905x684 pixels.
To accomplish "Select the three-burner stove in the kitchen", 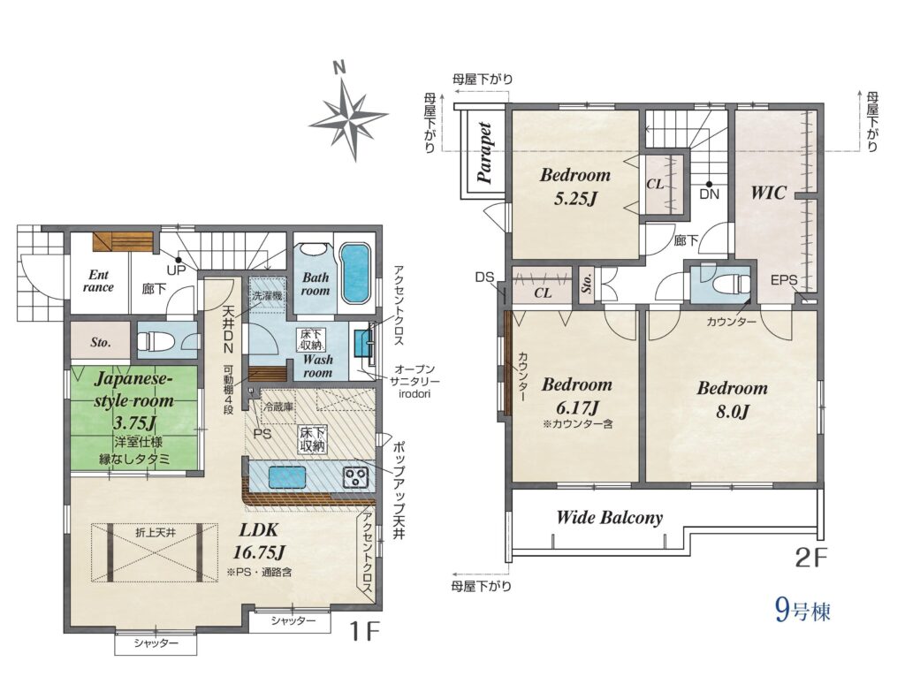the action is tap(355, 476).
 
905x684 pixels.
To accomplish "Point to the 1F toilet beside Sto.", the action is tap(152, 341).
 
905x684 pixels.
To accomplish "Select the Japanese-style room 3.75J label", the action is tap(134, 401).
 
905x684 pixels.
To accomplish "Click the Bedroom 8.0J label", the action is tap(733, 399).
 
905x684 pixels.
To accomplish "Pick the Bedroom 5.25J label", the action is tap(574, 186).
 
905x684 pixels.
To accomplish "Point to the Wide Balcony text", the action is tap(610, 517).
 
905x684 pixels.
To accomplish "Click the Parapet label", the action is tap(485, 153).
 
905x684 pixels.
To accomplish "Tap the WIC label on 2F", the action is tap(768, 193).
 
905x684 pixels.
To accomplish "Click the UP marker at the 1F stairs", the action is tap(176, 269).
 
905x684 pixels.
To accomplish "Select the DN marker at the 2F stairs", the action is tap(709, 194).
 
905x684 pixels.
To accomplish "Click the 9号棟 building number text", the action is tap(802, 610).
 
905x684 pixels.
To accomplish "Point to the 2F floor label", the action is tap(811, 558).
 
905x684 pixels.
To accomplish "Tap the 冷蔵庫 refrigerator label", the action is tap(278, 407).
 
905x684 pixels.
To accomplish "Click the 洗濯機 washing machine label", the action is tap(267, 295).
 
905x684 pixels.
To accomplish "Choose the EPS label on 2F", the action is tap(784, 280).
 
